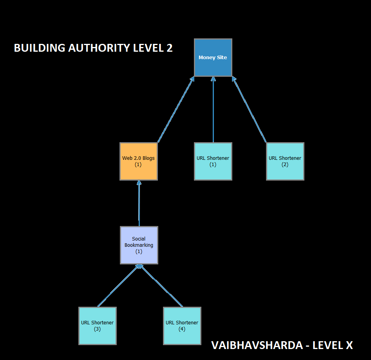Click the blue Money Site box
point(213,58)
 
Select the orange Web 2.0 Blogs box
point(138,161)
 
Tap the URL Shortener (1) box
point(213,161)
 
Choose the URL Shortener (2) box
point(285,161)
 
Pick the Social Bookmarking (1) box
point(139,245)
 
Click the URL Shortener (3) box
point(97,326)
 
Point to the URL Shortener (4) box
point(182,326)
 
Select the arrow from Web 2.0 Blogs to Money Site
point(176,109)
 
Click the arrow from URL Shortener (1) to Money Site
point(213,109)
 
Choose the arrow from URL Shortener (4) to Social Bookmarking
point(161,286)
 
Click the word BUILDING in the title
point(40,48)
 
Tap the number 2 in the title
point(170,48)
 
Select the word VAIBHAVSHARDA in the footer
point(257,345)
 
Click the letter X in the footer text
point(349,345)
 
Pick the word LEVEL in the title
point(148,48)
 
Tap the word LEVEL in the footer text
point(327,345)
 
